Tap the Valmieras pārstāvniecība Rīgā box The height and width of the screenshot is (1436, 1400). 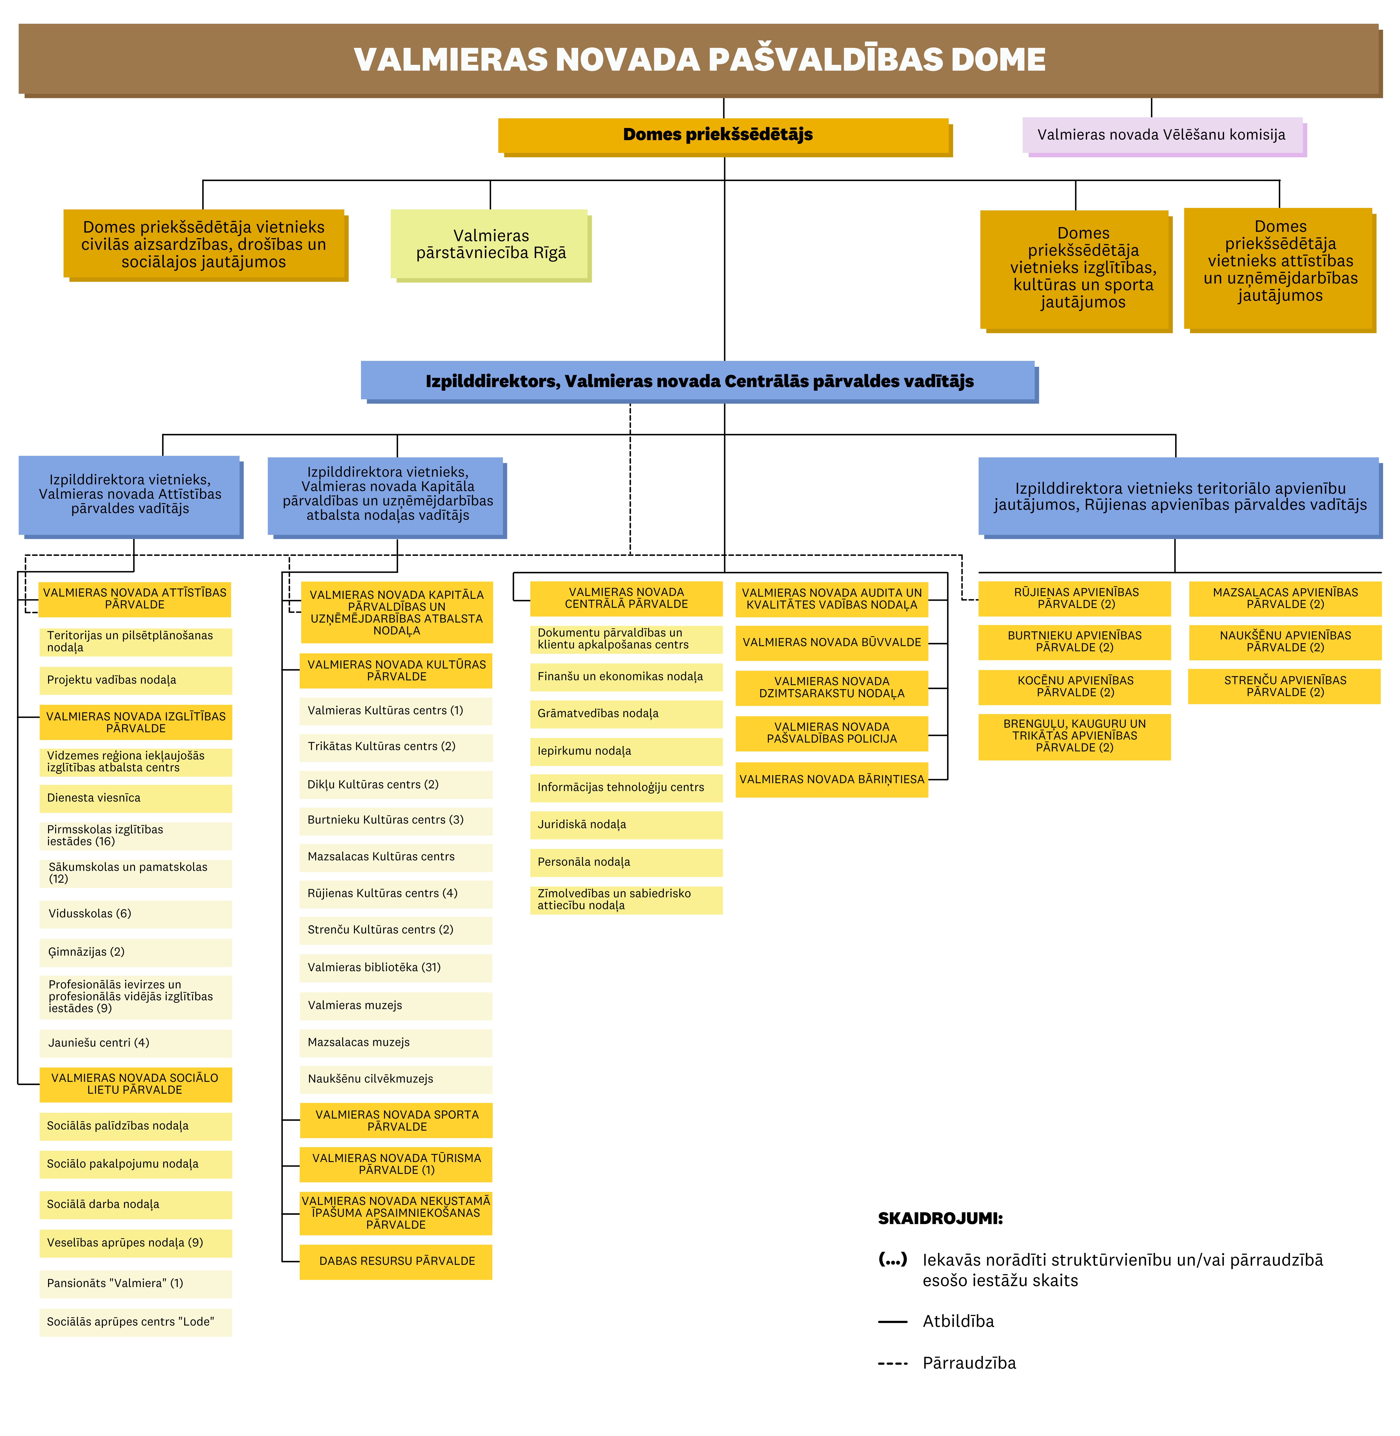(490, 244)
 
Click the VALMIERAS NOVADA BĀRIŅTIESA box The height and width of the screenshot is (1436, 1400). (832, 779)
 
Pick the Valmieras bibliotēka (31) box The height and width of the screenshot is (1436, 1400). (396, 968)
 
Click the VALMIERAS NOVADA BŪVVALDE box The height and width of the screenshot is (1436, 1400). (832, 643)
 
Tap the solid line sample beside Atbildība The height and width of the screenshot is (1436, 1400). (893, 1321)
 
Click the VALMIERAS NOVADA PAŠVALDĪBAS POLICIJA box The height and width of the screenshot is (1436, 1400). (832, 733)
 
